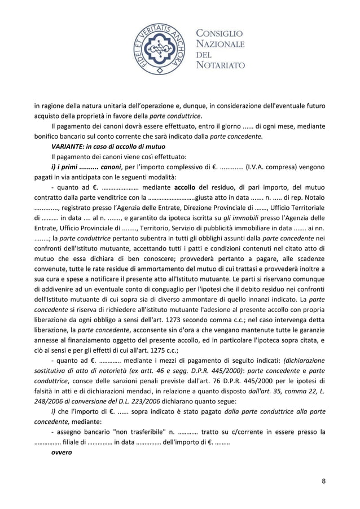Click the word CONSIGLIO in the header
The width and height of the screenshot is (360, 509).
[219, 33]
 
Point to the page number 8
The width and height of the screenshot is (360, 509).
[323, 481]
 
